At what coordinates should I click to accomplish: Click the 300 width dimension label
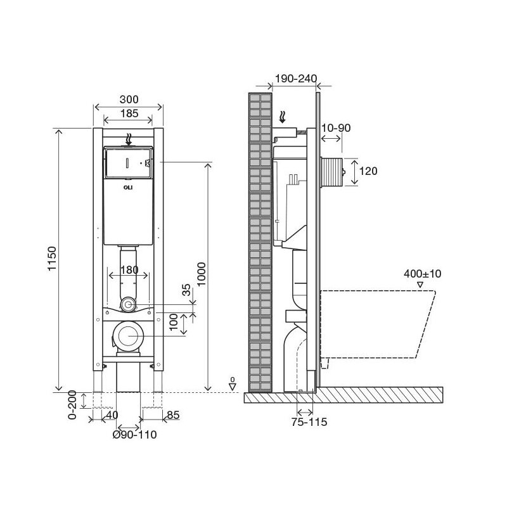click(129, 100)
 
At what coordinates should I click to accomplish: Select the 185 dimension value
click(129, 114)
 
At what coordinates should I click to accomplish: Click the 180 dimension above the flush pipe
click(129, 270)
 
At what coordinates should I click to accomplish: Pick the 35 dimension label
click(186, 290)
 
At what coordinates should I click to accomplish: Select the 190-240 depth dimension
click(295, 79)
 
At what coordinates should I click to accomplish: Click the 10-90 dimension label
click(336, 128)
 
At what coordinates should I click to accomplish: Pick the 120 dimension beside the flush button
click(368, 170)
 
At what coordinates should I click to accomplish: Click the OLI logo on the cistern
click(129, 188)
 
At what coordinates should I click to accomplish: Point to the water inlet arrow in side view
click(284, 117)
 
